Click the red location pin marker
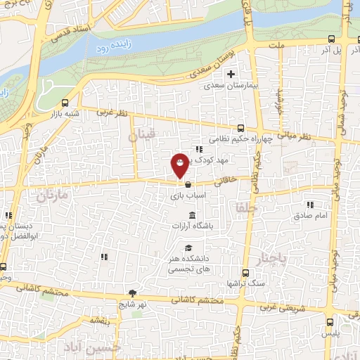coord(180,165)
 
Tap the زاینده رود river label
coord(106,48)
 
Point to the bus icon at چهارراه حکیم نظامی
coord(241,128)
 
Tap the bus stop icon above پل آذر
coord(331,39)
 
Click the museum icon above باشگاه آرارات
coord(192,215)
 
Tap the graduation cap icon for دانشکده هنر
coord(188,247)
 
